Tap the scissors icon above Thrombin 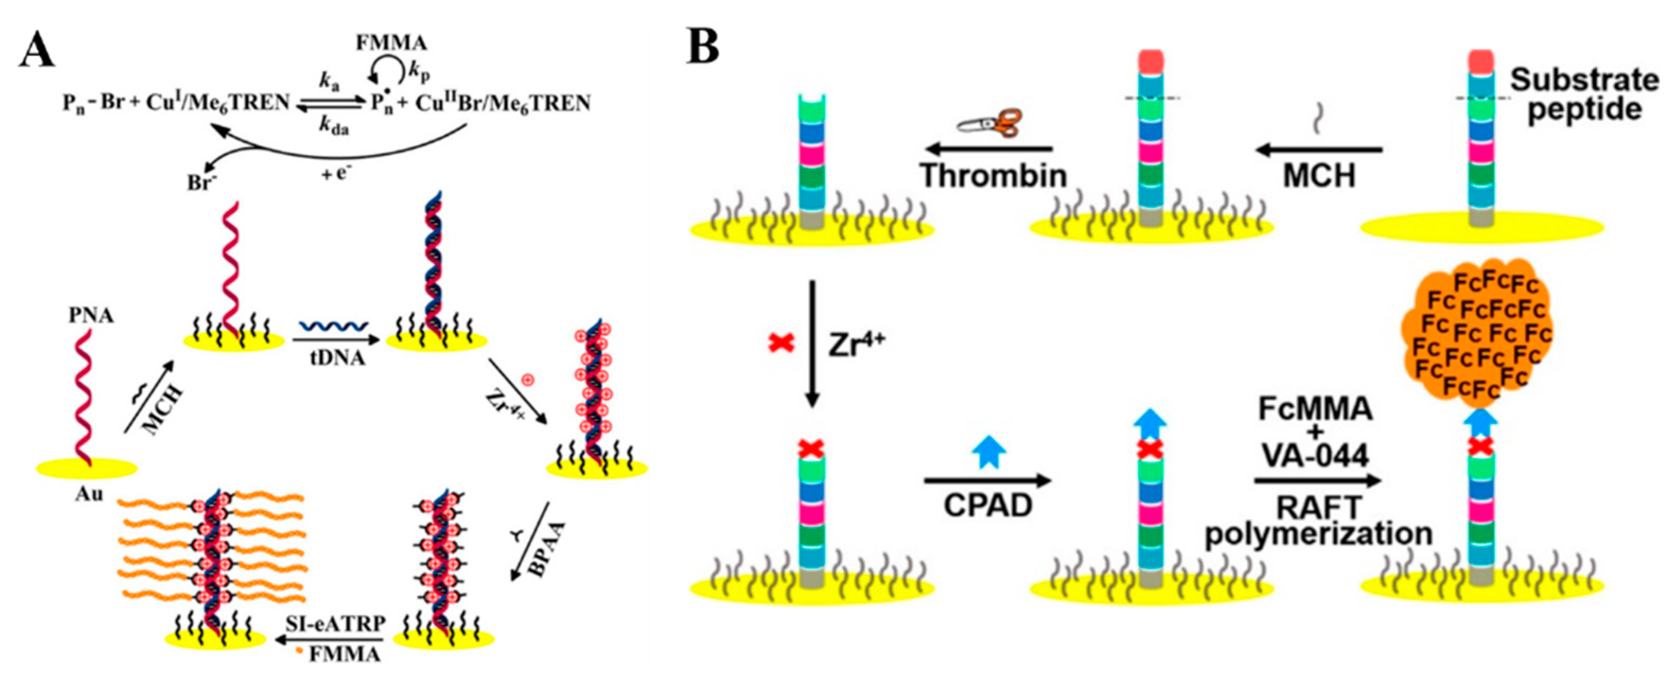990,124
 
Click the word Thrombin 994,175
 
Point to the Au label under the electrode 89,495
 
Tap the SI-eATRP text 336,624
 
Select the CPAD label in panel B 988,505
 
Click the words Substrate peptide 1584,94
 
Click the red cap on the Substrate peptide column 1480,61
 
